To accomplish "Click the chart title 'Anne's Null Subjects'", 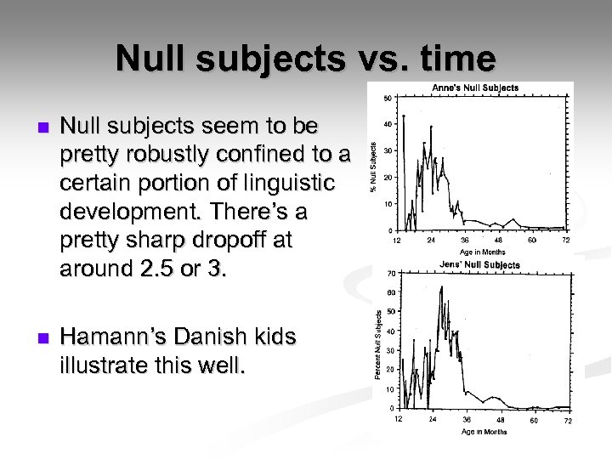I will tap(475, 88).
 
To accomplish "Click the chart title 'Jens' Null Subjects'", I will tap(479, 265).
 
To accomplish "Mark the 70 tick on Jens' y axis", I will tap(390, 274).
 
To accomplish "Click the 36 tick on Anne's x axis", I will tap(465, 241).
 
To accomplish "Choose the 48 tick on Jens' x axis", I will tap(500, 420).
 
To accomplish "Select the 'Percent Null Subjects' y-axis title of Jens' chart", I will tap(378, 343).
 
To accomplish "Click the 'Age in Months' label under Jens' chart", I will tap(483, 432).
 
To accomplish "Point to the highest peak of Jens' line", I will tap(441, 288).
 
